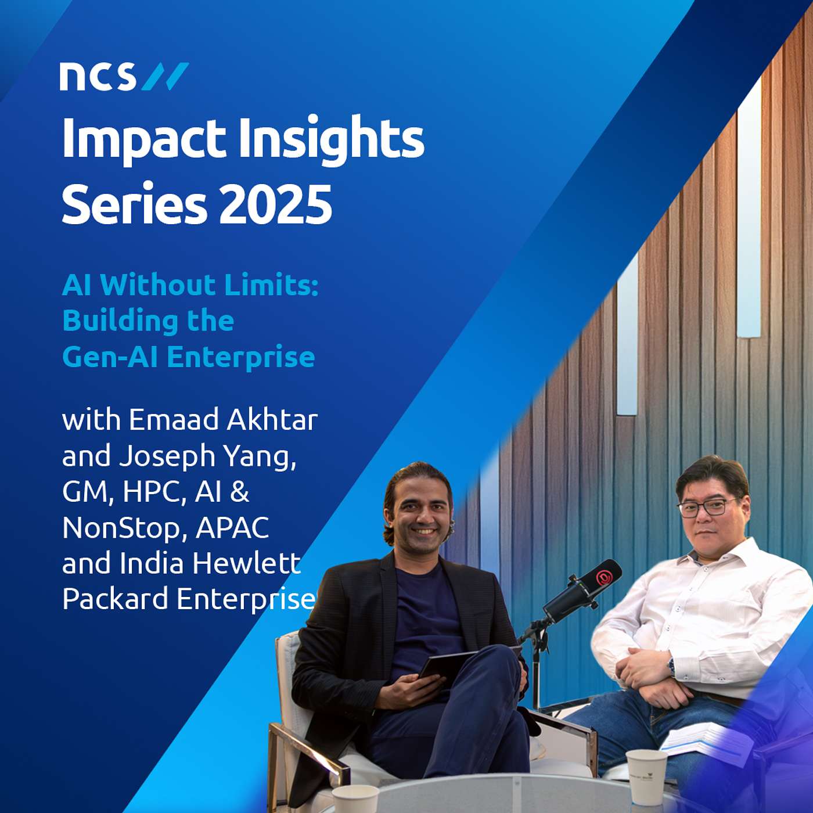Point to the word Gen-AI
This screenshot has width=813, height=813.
tap(110, 357)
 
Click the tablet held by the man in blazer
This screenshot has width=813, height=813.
tap(450, 663)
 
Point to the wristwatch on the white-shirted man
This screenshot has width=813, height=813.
tap(672, 667)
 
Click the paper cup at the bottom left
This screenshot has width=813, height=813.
tap(355, 798)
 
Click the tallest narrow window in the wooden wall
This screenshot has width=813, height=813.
tap(749, 209)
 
